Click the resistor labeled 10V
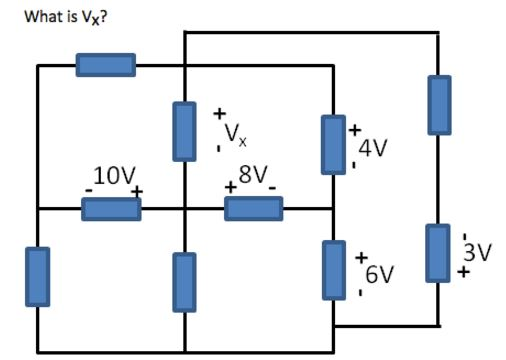(x=109, y=208)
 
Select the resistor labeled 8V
(x=254, y=208)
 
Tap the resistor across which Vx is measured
(x=184, y=130)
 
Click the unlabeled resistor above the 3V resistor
(x=438, y=104)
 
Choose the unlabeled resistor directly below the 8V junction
(x=184, y=282)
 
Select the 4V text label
(x=373, y=148)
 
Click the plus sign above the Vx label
(x=220, y=113)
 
